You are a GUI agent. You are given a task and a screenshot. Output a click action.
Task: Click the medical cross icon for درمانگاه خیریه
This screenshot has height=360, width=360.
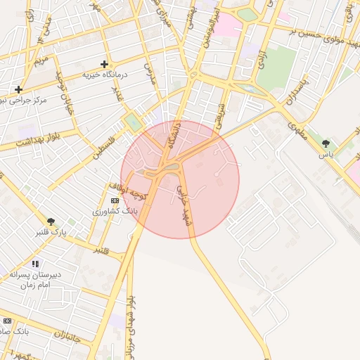[x=105, y=64]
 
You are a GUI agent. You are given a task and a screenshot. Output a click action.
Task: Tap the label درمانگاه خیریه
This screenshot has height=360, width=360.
[x=107, y=74]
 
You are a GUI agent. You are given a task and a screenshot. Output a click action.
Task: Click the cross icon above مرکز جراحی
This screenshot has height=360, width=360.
[x=18, y=89]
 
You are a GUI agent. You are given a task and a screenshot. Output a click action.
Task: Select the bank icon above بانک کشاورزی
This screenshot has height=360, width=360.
[x=115, y=200]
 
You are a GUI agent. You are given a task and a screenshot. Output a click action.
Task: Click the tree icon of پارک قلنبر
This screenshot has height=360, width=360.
[x=51, y=221]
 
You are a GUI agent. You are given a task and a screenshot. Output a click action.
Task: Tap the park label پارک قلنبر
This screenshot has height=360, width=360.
[x=51, y=231]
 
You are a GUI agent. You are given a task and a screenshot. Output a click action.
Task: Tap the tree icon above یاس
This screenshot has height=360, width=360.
[x=325, y=143]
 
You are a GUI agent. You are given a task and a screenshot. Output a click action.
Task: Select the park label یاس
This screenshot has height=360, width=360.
[x=325, y=153]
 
